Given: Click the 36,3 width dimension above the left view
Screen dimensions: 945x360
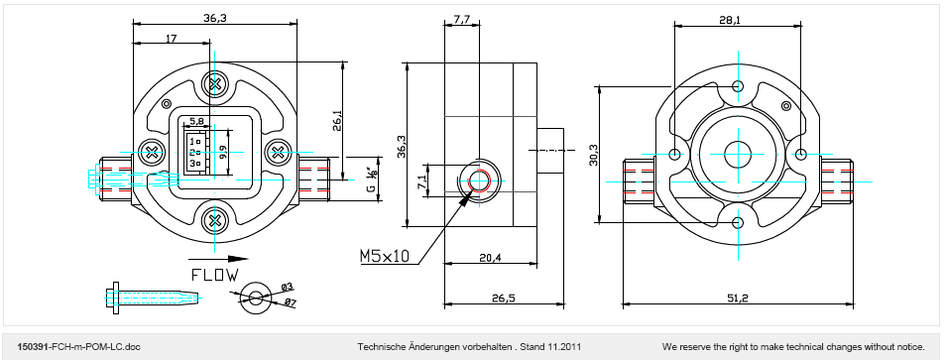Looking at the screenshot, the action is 214,18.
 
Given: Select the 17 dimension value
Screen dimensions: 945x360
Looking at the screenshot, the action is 172,38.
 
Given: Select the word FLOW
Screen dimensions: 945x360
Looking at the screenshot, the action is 214,275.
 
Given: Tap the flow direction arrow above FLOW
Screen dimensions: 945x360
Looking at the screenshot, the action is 213,259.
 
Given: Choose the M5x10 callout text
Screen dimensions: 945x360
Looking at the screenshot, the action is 385,256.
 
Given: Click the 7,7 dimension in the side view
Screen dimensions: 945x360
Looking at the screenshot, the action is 462,20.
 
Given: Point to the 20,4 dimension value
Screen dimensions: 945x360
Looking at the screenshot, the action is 491,258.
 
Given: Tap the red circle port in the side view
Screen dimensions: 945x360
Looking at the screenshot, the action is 479,180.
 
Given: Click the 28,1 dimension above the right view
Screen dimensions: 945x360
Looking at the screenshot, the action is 730,20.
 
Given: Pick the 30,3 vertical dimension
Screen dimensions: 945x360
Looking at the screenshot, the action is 594,155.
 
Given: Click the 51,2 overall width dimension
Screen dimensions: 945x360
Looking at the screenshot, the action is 738,299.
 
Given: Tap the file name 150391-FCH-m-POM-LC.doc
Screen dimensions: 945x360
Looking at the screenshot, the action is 79,347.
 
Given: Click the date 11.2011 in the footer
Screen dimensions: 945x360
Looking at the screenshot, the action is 564,347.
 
